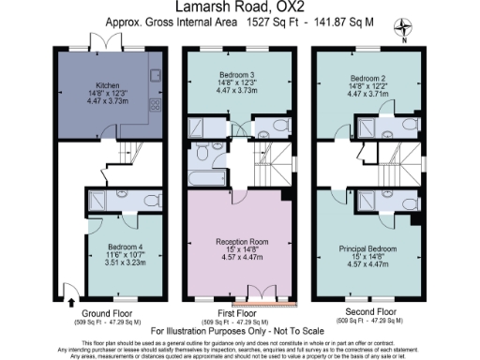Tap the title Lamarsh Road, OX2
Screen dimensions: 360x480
(240, 9)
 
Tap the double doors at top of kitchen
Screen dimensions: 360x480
(105, 45)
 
